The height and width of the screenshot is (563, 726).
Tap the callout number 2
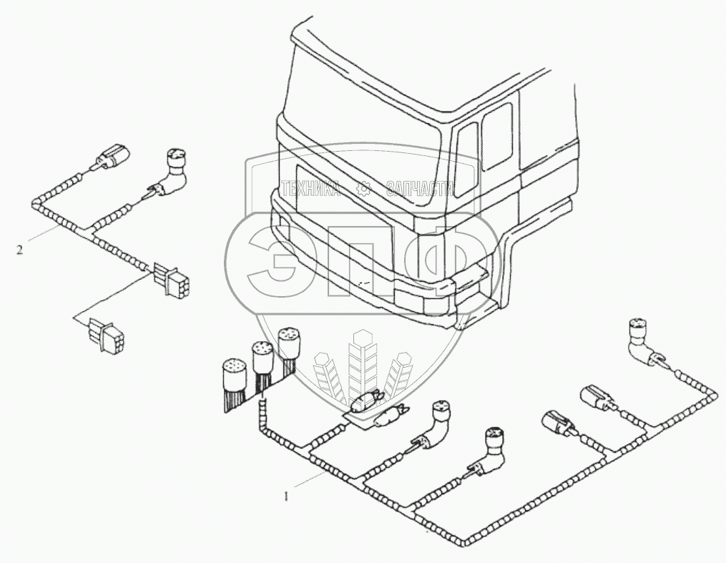tap(20, 250)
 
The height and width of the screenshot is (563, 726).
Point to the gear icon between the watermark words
tap(364, 189)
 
